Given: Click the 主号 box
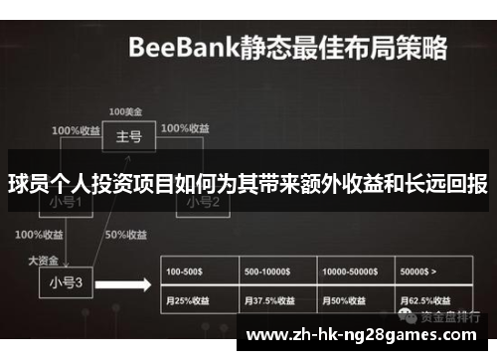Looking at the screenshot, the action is click(x=128, y=136).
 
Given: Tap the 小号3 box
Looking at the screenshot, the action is click(x=66, y=282).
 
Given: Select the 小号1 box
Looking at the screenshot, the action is click(x=66, y=202).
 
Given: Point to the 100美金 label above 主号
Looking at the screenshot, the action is click(x=125, y=110).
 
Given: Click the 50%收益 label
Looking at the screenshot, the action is click(x=127, y=235).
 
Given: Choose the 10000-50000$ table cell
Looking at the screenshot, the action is click(x=356, y=270).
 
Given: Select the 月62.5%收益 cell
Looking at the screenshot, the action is click(x=433, y=299).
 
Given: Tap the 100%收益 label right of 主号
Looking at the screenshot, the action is click(x=185, y=129).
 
